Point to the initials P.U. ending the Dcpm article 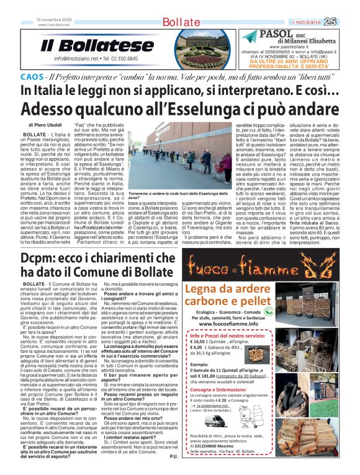pos(171,457)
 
